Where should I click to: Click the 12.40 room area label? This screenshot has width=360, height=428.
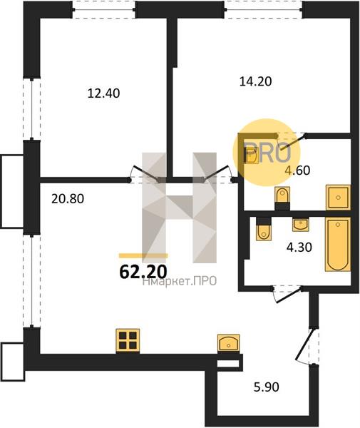point(103,93)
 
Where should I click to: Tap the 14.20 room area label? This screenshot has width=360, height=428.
point(255,81)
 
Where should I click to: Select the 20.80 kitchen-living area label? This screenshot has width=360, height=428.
point(68,199)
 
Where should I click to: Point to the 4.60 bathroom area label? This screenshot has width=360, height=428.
point(297,170)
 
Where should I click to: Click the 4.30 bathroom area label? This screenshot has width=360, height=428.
point(299,248)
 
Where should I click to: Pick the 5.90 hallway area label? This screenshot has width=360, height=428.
point(267,387)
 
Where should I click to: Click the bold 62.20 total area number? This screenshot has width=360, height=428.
point(143,272)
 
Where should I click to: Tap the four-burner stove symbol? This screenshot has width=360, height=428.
point(128,340)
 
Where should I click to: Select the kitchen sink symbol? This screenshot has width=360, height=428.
point(229,343)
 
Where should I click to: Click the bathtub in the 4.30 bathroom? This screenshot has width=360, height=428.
point(338,244)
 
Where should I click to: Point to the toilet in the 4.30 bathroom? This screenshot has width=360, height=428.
point(264,229)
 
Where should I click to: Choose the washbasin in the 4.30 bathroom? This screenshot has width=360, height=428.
point(301,225)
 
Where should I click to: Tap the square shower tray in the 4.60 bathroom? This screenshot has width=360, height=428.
point(338,198)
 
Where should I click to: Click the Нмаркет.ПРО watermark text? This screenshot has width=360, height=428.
point(180,281)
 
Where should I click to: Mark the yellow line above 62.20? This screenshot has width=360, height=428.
point(143,255)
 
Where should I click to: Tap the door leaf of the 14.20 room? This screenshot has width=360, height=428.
point(216,173)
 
